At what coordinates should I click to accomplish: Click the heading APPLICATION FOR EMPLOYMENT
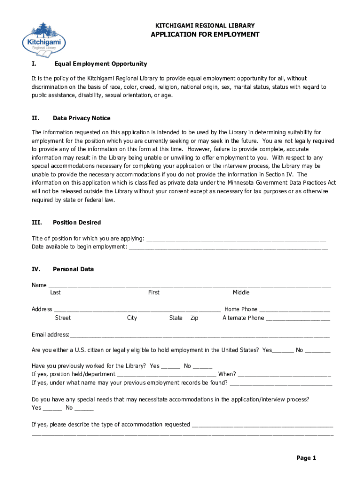click(204, 35)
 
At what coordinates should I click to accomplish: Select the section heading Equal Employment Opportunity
click(101, 64)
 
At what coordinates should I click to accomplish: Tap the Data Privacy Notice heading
click(81, 118)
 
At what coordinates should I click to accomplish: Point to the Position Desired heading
click(77, 223)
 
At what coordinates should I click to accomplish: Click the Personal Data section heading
click(73, 269)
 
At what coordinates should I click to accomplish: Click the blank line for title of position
click(236, 239)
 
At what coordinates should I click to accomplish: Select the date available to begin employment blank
click(228, 247)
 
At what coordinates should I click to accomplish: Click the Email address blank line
click(199, 335)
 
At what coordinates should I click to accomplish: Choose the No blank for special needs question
click(84, 408)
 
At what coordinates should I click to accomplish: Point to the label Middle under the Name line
click(241, 293)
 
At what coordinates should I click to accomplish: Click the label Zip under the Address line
click(194, 318)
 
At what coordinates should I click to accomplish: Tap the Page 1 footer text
click(306, 458)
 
